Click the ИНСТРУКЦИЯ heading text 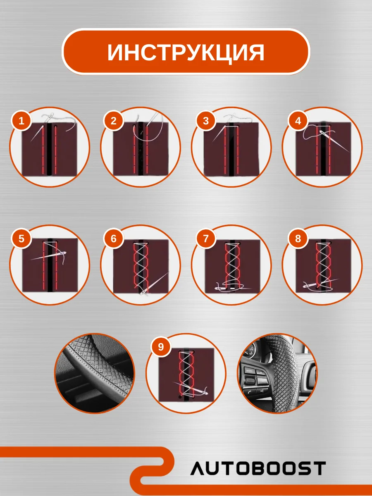click(x=186, y=52)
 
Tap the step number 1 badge click(x=21, y=121)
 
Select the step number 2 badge click(x=114, y=121)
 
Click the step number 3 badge click(x=206, y=121)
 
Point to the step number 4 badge click(x=298, y=121)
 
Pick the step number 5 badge click(x=21, y=238)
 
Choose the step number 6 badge click(x=114, y=238)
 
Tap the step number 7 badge click(x=206, y=238)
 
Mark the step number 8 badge click(x=298, y=238)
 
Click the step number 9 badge click(x=161, y=347)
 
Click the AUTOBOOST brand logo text click(x=258, y=468)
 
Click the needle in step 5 click(x=48, y=255)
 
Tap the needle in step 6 click(x=155, y=284)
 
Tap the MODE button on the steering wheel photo click(x=250, y=371)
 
